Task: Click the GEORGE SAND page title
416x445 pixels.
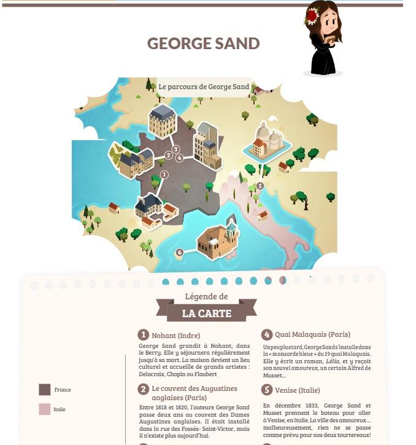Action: click(203, 44)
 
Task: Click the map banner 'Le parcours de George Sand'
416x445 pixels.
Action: click(204, 87)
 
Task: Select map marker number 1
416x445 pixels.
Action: click(164, 175)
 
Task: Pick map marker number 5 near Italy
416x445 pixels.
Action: click(260, 186)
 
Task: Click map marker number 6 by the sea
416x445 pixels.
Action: click(179, 252)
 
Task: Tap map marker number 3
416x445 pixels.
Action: click(175, 149)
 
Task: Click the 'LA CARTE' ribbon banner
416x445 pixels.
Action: click(206, 313)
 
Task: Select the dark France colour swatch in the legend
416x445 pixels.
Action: click(45, 390)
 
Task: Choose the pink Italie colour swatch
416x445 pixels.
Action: click(45, 409)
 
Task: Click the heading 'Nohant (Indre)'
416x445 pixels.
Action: click(176, 335)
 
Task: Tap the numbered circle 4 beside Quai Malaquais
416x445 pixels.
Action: click(266, 334)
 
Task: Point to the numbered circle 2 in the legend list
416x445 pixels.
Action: click(143, 389)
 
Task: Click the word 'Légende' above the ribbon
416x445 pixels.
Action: click(206, 296)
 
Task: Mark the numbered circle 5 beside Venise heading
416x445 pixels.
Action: click(266, 390)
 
